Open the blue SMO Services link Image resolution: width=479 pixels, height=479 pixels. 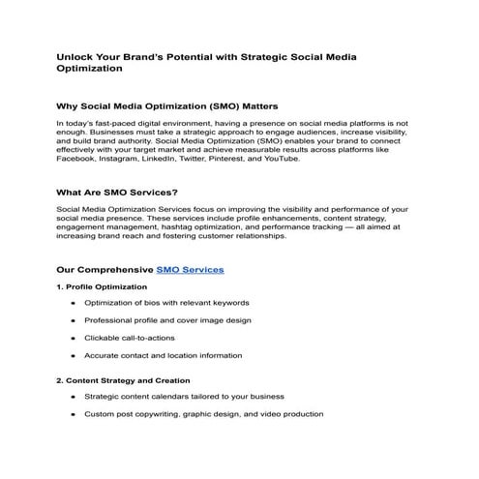tap(190, 270)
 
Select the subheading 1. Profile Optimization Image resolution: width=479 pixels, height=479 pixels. tap(103, 287)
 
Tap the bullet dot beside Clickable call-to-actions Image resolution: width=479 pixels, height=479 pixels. tap(74, 338)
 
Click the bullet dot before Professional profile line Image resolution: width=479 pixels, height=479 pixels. tap(74, 320)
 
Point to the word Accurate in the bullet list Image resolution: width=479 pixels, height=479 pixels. tap(103, 355)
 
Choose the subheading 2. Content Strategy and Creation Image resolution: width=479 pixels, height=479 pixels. tap(124, 380)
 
